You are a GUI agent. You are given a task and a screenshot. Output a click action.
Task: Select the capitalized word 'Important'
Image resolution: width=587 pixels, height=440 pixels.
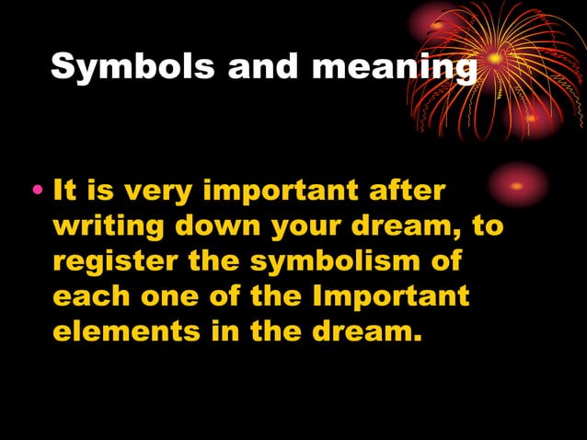click(391, 296)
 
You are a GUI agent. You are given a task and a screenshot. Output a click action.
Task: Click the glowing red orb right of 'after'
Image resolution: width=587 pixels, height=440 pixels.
click(516, 185)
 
